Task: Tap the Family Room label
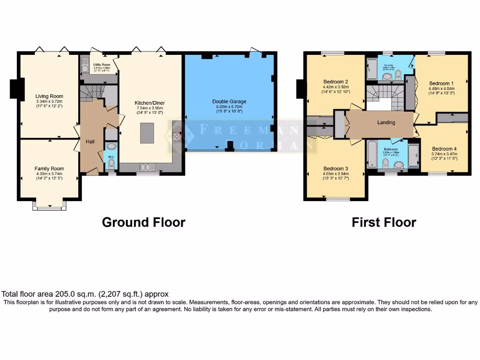(x=49, y=168)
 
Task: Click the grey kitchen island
(x=147, y=133)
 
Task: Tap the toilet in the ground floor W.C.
(x=111, y=163)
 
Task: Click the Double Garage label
(x=229, y=101)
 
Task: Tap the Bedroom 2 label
(x=335, y=81)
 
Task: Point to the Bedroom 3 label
(x=335, y=169)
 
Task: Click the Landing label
(x=386, y=122)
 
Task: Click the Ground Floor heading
(x=143, y=222)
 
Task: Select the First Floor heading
(x=384, y=222)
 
